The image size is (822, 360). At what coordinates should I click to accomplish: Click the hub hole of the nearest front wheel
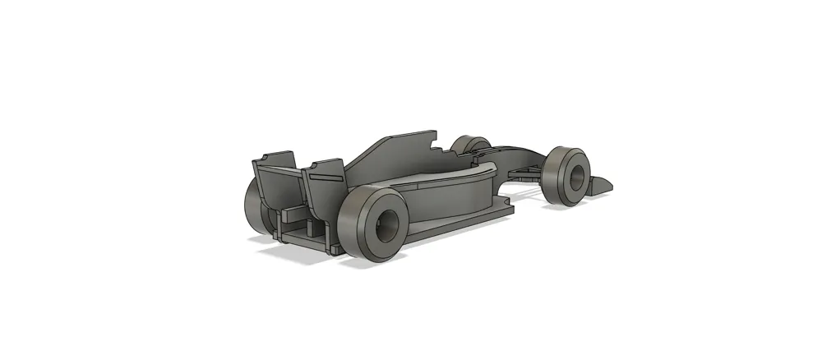pyautogui.click(x=577, y=175)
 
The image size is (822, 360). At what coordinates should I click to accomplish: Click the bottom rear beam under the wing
pyautogui.click(x=304, y=238)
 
